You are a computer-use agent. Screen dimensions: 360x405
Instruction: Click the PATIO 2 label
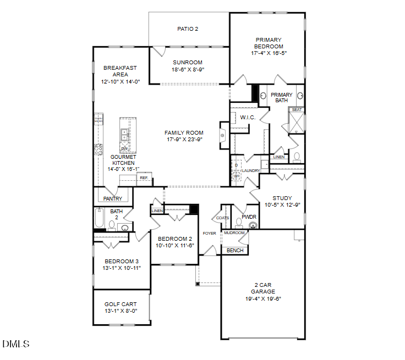(188, 29)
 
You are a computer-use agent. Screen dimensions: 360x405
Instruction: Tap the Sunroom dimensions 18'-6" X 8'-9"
(188, 70)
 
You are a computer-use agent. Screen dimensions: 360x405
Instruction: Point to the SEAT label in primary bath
(297, 110)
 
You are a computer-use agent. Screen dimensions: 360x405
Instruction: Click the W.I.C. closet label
(246, 117)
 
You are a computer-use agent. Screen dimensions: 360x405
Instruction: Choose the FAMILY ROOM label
(184, 132)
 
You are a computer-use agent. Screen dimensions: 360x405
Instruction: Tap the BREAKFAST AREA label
(120, 71)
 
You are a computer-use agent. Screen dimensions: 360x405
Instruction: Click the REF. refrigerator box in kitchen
(144, 178)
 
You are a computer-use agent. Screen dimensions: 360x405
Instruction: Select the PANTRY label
(113, 198)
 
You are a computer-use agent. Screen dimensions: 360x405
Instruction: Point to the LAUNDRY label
(250, 171)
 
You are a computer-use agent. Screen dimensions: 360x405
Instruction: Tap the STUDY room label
(282, 198)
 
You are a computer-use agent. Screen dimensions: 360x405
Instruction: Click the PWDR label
(249, 217)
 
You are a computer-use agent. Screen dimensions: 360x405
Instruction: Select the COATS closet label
(223, 218)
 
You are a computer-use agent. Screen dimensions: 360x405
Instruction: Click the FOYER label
(209, 234)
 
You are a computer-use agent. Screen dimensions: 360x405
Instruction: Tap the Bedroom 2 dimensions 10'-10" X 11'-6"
(176, 245)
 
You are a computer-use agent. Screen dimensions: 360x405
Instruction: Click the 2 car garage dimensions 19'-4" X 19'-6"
(262, 298)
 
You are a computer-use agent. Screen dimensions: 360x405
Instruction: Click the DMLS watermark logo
(16, 345)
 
